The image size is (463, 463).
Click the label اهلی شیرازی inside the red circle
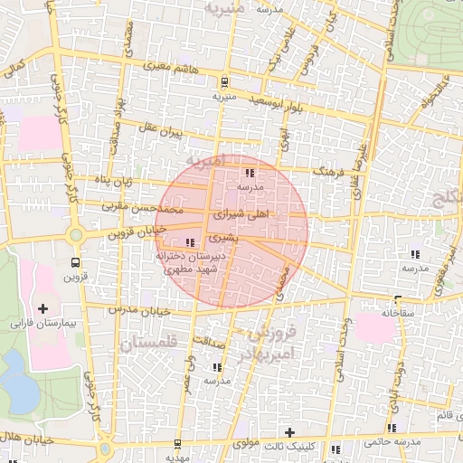(241, 217)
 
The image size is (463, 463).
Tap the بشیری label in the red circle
(222, 237)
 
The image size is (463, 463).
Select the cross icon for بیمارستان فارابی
(43, 308)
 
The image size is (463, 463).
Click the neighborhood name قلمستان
(149, 343)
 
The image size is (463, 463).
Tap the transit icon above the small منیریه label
(223, 80)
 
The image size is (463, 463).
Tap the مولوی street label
(245, 444)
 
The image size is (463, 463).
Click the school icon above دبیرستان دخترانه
(189, 241)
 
